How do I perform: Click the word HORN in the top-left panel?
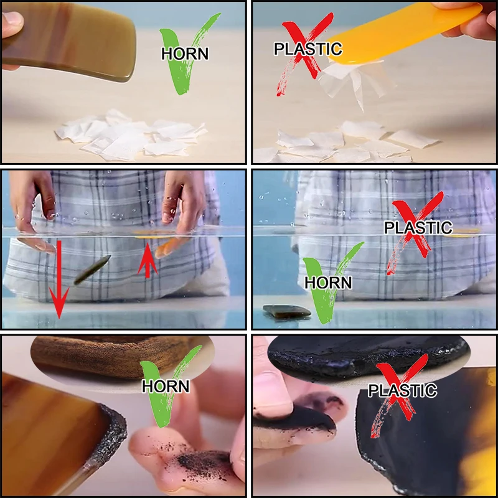coord(185,54)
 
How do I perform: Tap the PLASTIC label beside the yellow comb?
coord(308,48)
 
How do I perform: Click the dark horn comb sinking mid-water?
coord(92,270)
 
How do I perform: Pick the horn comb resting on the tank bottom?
coord(286,310)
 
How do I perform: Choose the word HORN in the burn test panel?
coord(165,386)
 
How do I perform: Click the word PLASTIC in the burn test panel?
coord(402,391)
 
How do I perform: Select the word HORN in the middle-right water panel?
coord(328,283)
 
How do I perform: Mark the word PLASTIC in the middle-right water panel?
coord(418,227)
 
